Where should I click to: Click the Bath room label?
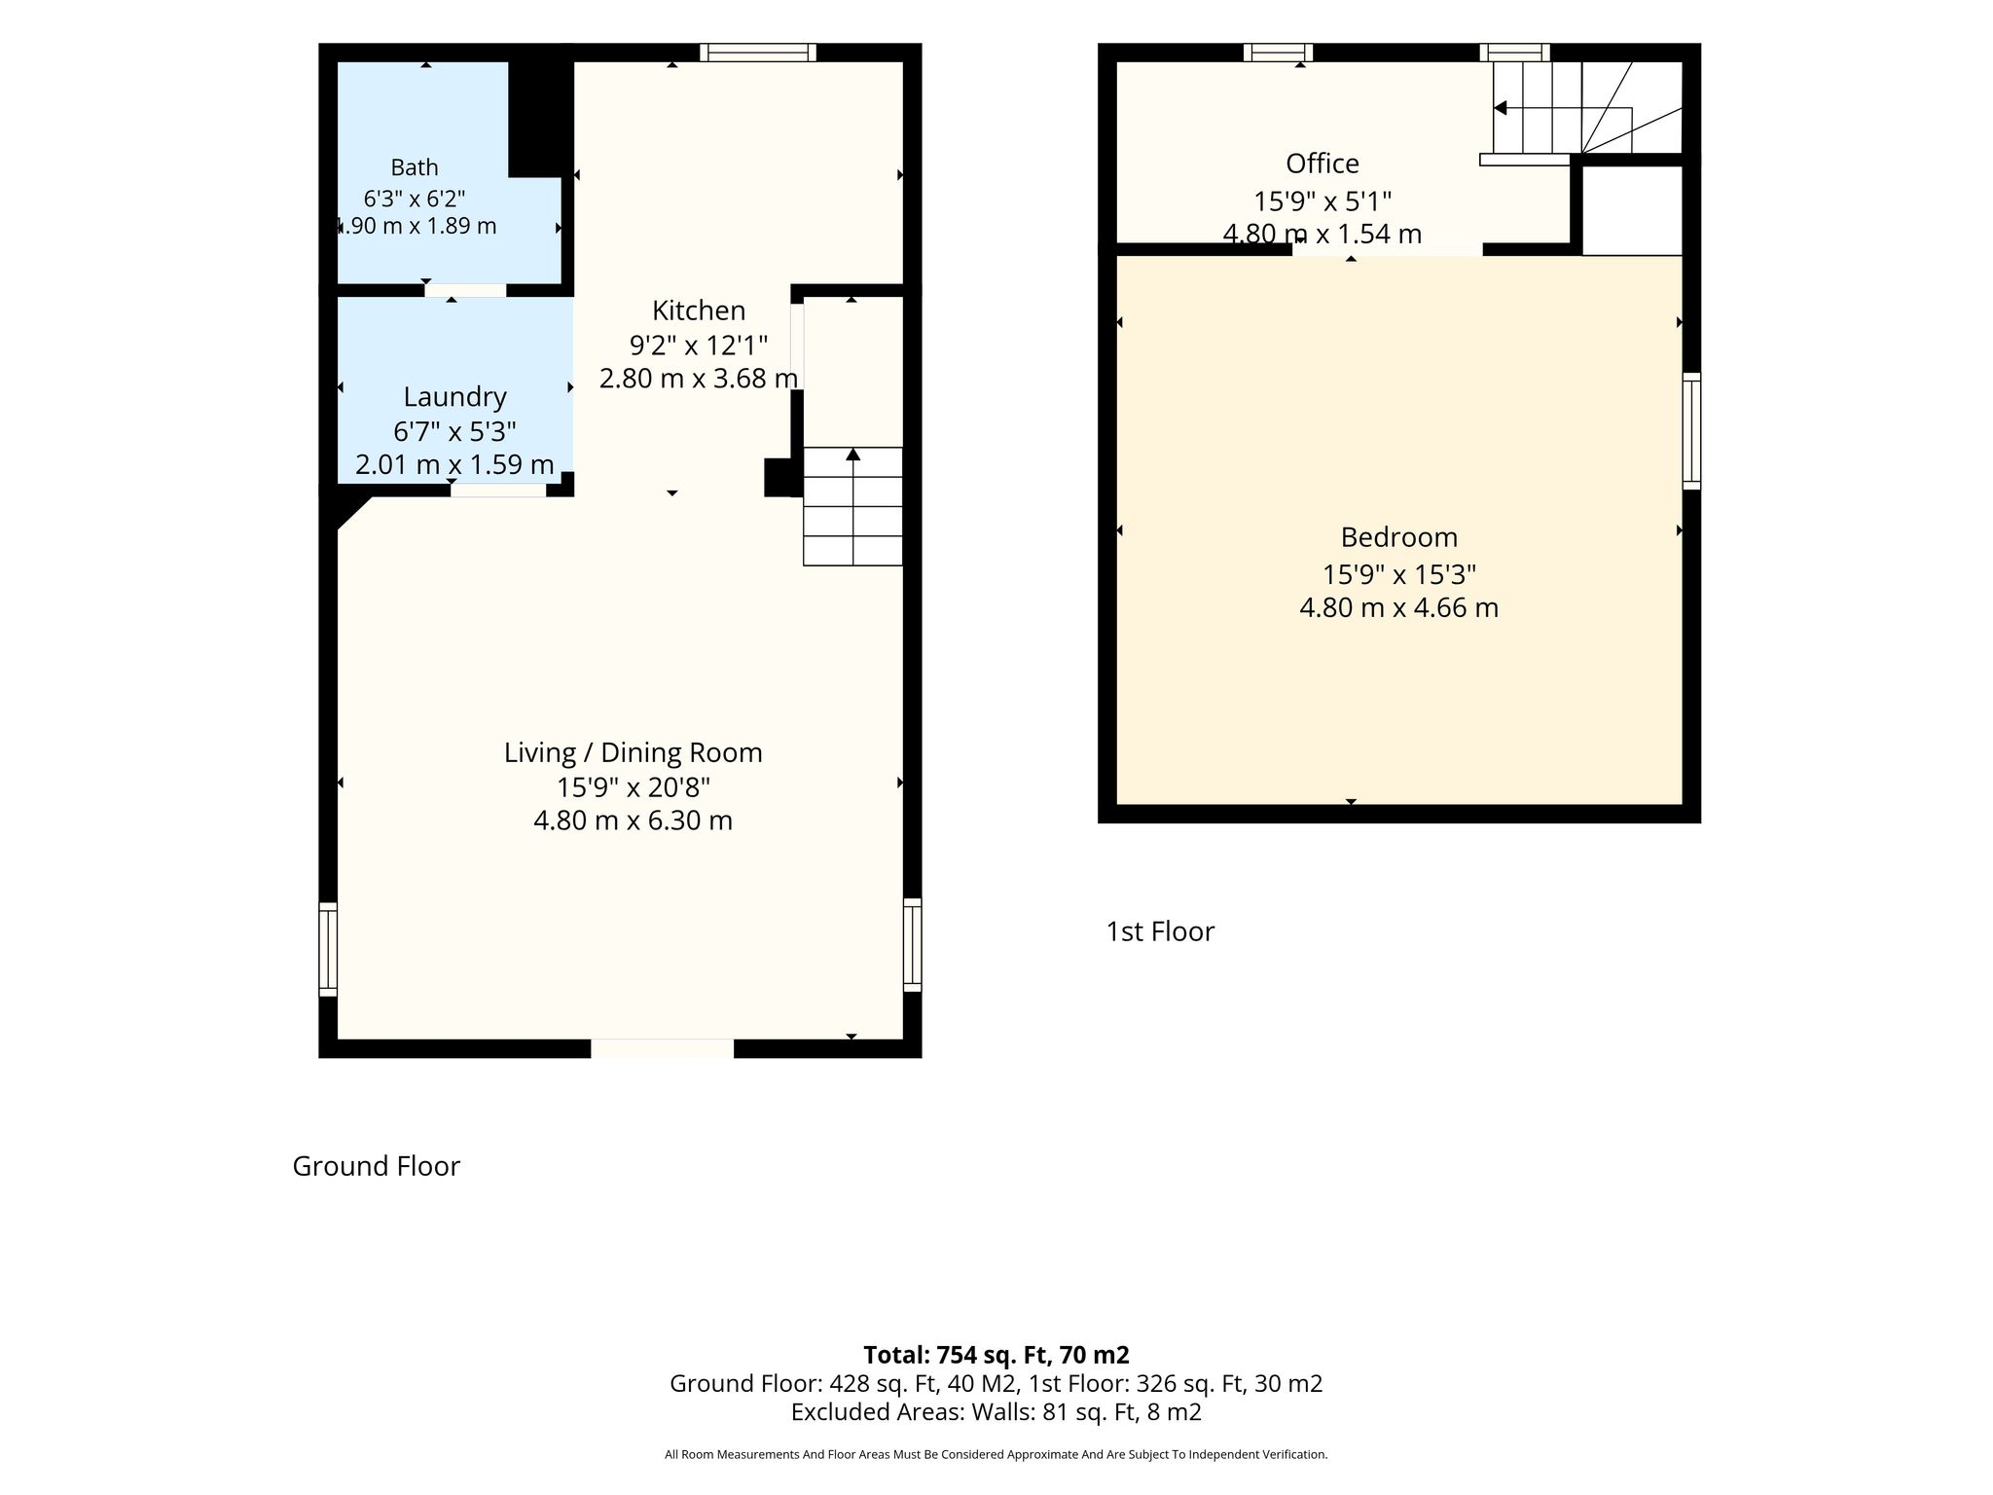point(415,167)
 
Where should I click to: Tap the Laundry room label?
point(454,397)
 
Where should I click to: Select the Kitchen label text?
point(699,310)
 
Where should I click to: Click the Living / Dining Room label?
point(633,752)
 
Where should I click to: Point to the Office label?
point(1323,163)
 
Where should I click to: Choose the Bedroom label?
point(1399,537)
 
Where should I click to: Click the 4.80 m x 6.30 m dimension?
point(633,820)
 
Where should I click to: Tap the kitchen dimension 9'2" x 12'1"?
point(699,345)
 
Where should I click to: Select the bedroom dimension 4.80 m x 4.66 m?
point(1399,608)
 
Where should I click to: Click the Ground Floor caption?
point(376,1166)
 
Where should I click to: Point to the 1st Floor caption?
point(1160,931)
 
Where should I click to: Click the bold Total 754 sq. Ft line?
point(996,1355)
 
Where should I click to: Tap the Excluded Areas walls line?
point(996,1412)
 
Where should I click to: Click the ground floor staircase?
point(852,506)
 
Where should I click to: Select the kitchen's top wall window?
point(757,53)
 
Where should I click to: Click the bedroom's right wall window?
point(1692,430)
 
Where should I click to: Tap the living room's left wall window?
point(328,949)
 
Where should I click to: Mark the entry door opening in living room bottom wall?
point(663,1048)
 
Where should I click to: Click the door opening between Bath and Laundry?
point(465,290)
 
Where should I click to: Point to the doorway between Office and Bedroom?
point(1388,249)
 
